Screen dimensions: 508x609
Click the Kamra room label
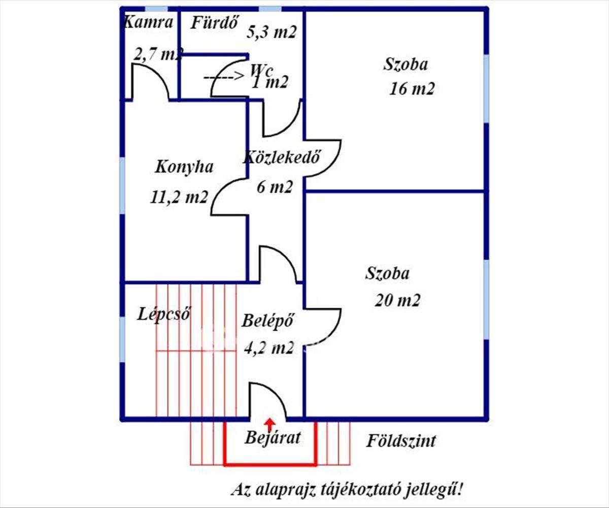(x=149, y=22)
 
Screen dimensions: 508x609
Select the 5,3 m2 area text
(x=271, y=33)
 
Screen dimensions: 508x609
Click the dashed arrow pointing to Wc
(x=224, y=77)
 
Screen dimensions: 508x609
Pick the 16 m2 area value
(x=412, y=89)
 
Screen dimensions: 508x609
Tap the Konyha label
(x=184, y=167)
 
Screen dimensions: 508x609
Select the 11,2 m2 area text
(x=179, y=197)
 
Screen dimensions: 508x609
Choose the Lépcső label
(x=163, y=314)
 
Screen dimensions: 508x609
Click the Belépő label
(x=267, y=321)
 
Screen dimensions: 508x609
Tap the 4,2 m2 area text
(x=269, y=348)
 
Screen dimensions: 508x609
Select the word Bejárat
(x=273, y=437)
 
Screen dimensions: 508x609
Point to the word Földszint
(x=401, y=441)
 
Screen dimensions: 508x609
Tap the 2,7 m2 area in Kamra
(x=157, y=54)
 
